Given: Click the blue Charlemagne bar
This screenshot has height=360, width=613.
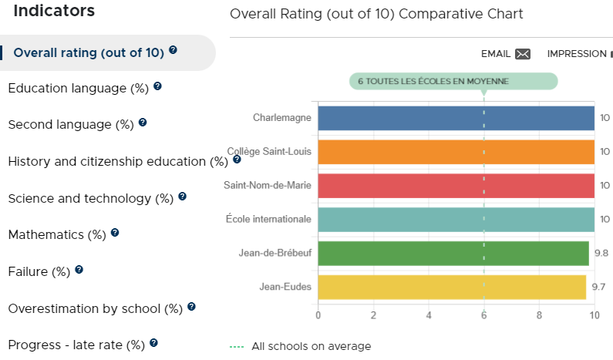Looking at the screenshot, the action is (x=456, y=118).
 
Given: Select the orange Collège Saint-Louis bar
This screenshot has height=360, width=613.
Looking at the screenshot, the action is (x=456, y=152).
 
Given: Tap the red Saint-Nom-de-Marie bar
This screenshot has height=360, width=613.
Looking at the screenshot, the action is (x=456, y=186).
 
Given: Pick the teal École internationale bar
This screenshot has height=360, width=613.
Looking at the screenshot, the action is (x=456, y=220).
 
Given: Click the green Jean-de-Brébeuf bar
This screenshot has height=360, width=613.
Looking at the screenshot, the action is (x=453, y=254).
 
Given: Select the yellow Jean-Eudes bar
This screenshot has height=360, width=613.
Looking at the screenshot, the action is (x=452, y=288).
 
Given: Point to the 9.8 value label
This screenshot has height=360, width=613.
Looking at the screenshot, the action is (x=601, y=254).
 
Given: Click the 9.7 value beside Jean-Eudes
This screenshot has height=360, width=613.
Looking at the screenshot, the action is (x=598, y=287).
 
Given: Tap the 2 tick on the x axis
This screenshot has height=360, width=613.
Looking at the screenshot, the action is (x=373, y=315).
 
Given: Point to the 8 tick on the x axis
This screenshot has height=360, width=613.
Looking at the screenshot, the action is (x=539, y=315).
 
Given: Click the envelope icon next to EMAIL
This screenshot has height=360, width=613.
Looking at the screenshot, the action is (x=523, y=54).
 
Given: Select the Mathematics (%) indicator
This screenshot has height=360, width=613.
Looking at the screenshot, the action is (x=57, y=235).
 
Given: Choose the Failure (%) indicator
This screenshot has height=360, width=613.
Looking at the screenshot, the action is (x=39, y=271).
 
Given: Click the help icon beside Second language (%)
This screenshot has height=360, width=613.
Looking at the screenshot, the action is (x=143, y=123).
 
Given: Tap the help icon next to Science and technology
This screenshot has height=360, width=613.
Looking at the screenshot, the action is (x=182, y=197).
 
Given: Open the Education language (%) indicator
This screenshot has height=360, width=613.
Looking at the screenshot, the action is (x=78, y=89).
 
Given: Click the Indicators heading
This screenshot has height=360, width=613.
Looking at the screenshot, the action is (x=54, y=11).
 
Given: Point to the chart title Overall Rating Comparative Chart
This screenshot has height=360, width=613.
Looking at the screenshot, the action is (x=376, y=14).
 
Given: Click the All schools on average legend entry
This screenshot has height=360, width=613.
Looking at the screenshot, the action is (x=300, y=346).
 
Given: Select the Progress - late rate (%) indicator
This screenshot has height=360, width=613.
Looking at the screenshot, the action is (x=76, y=345).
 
